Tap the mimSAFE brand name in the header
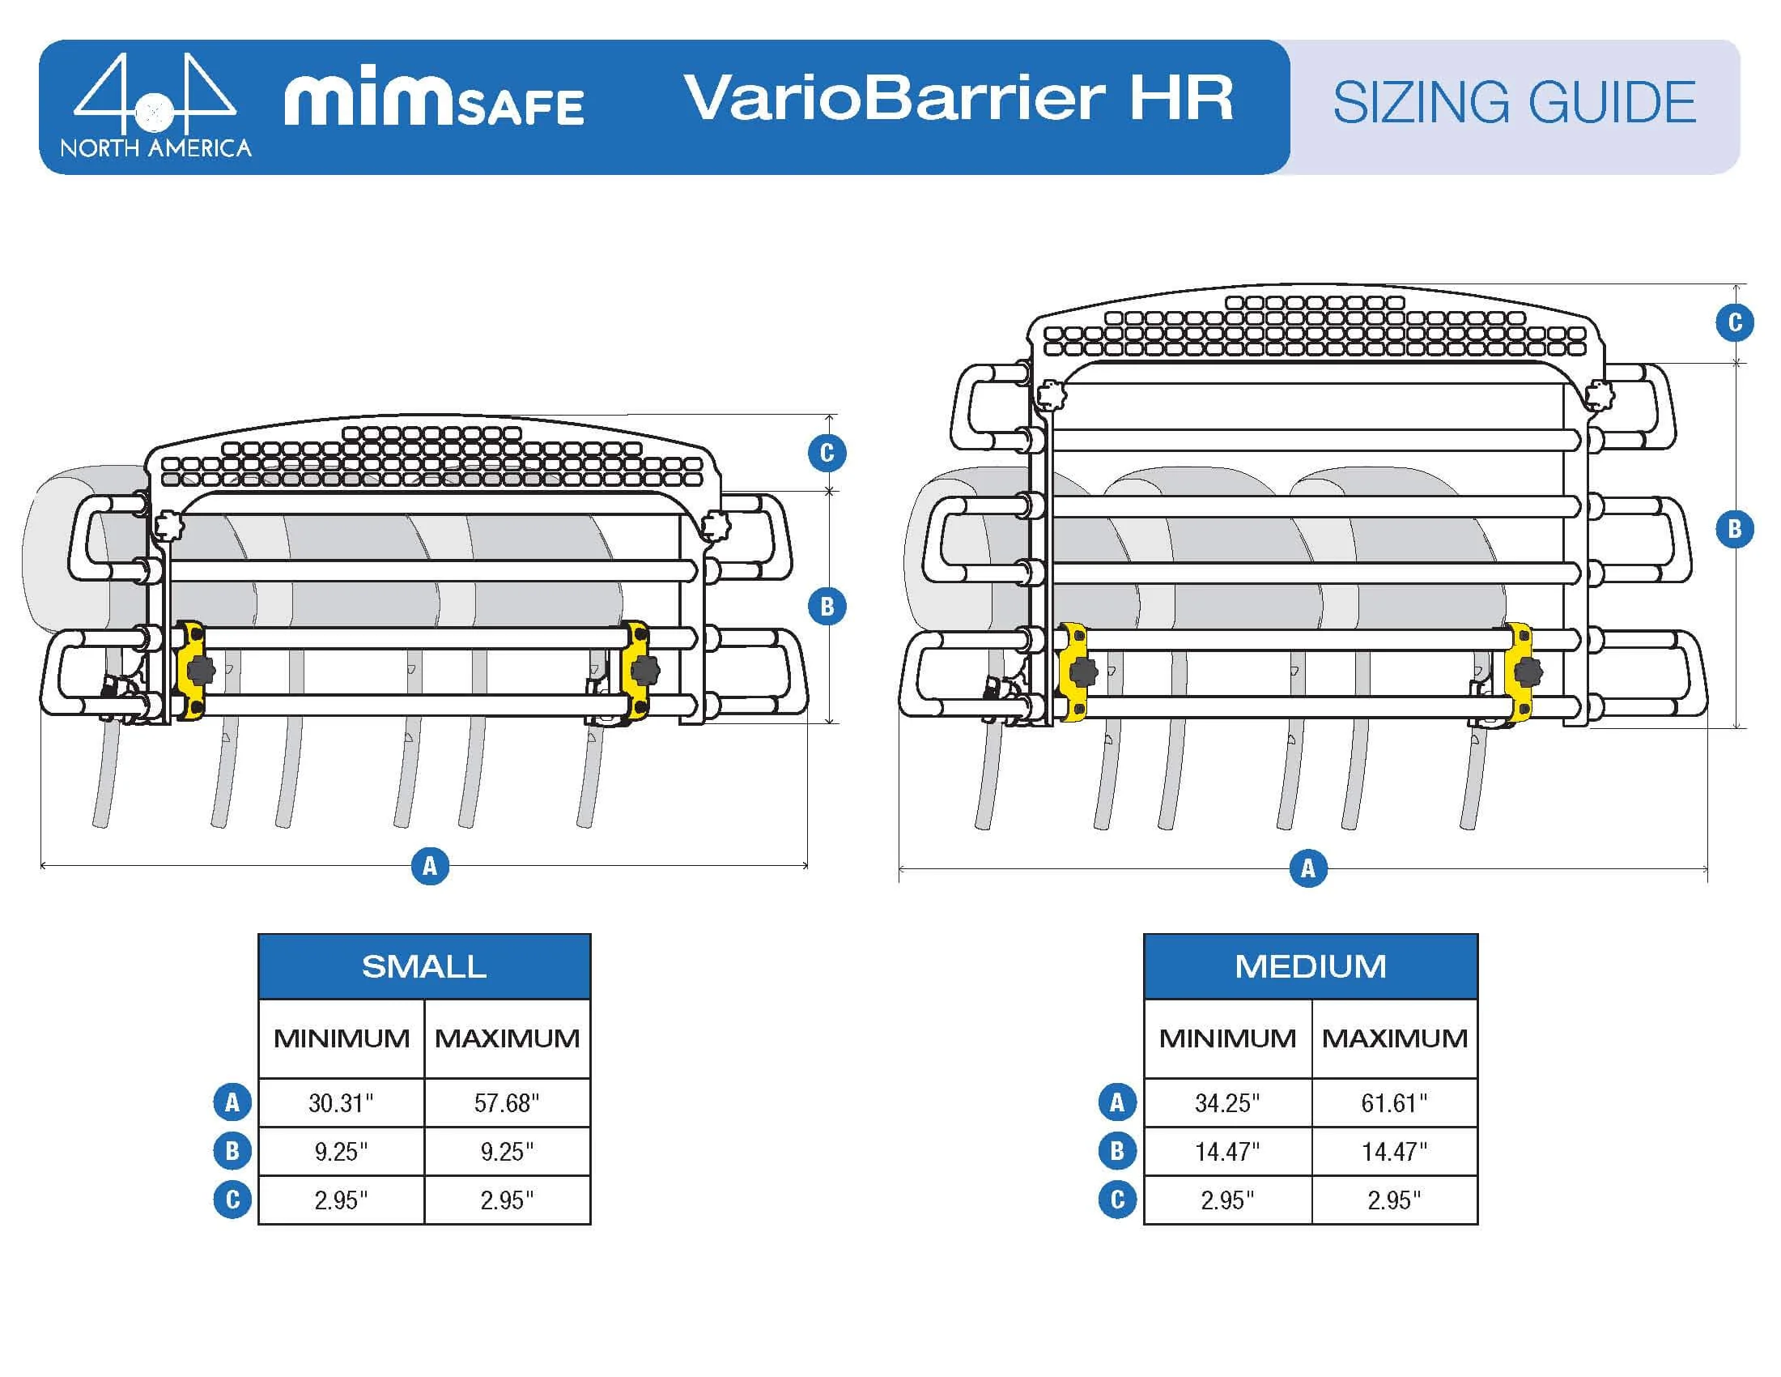[434, 101]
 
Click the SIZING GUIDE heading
[1515, 103]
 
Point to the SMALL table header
[424, 966]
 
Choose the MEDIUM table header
[1310, 966]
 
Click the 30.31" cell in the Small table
[341, 1103]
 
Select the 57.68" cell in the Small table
[507, 1103]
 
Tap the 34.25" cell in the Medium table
[1226, 1103]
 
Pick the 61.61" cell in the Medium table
[1394, 1103]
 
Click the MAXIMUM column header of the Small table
[507, 1038]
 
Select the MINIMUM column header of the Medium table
[1226, 1038]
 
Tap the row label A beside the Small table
[232, 1103]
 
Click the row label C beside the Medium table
[1117, 1200]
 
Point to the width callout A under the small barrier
[430, 866]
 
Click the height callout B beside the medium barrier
[1735, 529]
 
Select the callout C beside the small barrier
[827, 453]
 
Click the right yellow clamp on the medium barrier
[1519, 671]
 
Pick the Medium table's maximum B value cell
[1394, 1152]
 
